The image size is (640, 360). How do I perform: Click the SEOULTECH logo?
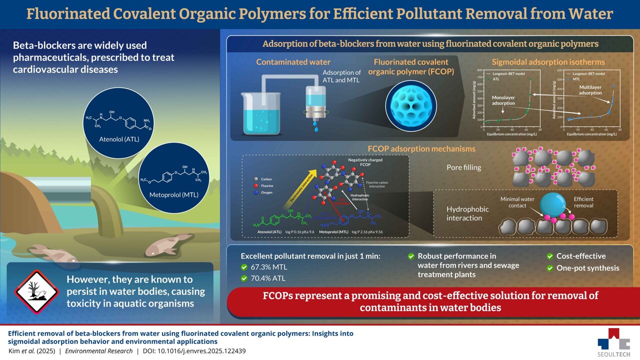coord(614,339)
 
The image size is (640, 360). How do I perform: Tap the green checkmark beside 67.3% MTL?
coord(244,266)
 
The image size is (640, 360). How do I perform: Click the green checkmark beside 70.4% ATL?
coord(244,277)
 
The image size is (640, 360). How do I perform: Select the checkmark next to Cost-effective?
coord(550,256)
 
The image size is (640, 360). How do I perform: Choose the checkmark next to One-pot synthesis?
coord(550,268)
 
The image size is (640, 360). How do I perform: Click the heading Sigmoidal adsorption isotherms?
coord(548,62)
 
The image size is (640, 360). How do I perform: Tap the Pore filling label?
coord(463,167)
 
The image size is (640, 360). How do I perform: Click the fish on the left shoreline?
coord(53,252)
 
